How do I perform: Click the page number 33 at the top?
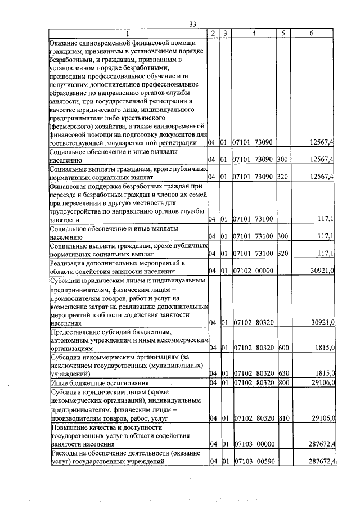click(192, 24)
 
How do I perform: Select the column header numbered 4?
click(254, 34)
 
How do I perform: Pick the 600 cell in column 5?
click(283, 348)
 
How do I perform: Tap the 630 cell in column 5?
click(283, 373)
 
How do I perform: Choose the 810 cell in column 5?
click(283, 418)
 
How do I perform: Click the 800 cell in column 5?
click(283, 383)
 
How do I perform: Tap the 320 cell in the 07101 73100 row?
click(283, 254)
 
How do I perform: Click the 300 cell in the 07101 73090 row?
click(283, 160)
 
